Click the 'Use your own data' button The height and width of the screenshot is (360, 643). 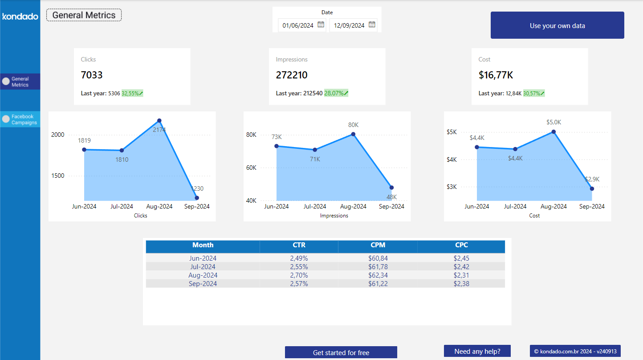click(x=557, y=25)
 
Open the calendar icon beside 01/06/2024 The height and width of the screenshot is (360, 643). click(x=321, y=25)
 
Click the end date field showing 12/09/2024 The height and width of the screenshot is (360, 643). click(x=349, y=25)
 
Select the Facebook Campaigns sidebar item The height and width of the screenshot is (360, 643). click(x=20, y=119)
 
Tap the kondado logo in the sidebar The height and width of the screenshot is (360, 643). click(x=20, y=16)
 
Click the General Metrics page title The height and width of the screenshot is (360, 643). click(x=84, y=15)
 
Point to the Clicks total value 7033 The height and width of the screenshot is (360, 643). click(x=92, y=75)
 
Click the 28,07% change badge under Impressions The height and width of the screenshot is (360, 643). click(x=336, y=93)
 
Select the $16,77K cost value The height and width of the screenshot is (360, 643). click(x=496, y=75)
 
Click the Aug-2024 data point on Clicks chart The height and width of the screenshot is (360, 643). click(x=159, y=121)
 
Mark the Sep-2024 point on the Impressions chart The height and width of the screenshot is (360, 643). click(x=391, y=188)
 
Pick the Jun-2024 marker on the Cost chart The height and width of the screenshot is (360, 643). click(x=477, y=147)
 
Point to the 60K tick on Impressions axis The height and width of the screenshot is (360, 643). click(x=251, y=168)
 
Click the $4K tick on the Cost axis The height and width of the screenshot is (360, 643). click(x=452, y=160)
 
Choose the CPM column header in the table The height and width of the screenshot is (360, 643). click(x=378, y=245)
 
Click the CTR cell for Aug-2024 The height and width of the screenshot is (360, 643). click(x=299, y=275)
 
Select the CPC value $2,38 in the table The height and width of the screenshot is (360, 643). click(x=461, y=284)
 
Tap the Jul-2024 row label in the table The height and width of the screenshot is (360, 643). click(x=203, y=267)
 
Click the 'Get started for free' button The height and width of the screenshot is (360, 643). click(x=341, y=352)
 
